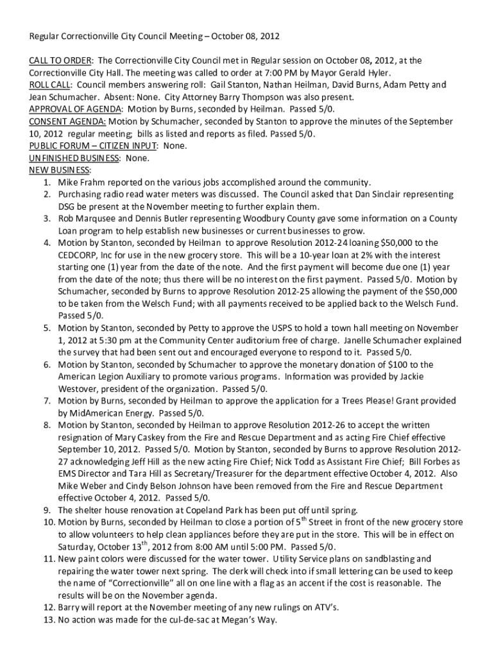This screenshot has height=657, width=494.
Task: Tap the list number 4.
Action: click(x=47, y=243)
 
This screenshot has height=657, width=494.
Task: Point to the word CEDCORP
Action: click(x=78, y=255)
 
